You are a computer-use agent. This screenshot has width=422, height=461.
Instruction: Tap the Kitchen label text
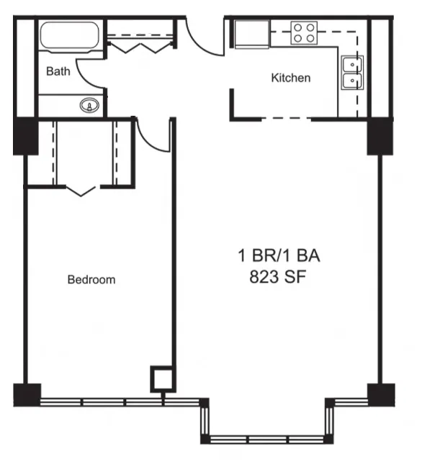(x=290, y=78)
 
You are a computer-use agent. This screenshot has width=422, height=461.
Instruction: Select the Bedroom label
(x=91, y=280)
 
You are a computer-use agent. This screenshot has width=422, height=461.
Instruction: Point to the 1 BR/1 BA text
(x=278, y=255)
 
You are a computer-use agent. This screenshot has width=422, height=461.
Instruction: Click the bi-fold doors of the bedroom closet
(x=83, y=190)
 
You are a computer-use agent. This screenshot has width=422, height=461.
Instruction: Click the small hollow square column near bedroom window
(x=161, y=378)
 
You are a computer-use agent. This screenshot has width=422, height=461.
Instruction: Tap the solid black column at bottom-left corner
(x=27, y=394)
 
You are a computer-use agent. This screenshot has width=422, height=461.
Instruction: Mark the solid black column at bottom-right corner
(x=380, y=394)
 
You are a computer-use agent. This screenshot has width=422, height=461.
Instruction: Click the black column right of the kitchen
(x=380, y=136)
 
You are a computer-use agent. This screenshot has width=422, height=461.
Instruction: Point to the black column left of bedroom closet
(x=25, y=136)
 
